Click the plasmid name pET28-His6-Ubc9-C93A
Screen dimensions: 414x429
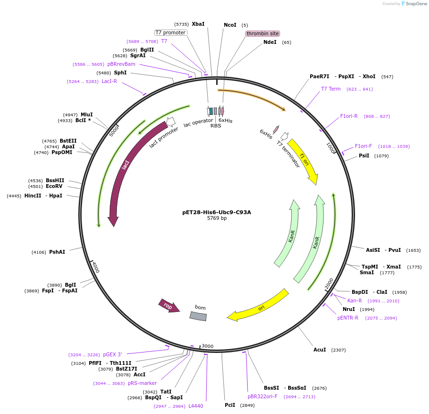(217, 212)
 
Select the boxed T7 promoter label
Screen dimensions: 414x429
(170, 32)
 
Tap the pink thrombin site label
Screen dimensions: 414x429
(262, 34)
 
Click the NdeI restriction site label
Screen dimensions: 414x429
(270, 42)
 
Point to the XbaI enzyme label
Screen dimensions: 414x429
(198, 24)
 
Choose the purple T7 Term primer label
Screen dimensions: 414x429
(331, 89)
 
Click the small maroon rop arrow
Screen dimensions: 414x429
(168, 306)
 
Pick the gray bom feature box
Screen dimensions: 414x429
(199, 315)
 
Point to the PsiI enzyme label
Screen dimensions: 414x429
(364, 155)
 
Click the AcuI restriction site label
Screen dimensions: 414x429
(320, 350)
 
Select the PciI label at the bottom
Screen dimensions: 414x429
(230, 405)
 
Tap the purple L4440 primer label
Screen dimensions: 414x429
(196, 406)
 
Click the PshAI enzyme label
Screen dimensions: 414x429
(57, 252)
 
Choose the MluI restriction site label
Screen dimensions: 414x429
(86, 114)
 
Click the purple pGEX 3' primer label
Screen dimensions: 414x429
(113, 354)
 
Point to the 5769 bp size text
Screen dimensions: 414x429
(217, 218)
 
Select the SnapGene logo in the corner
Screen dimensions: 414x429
(414, 4)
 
